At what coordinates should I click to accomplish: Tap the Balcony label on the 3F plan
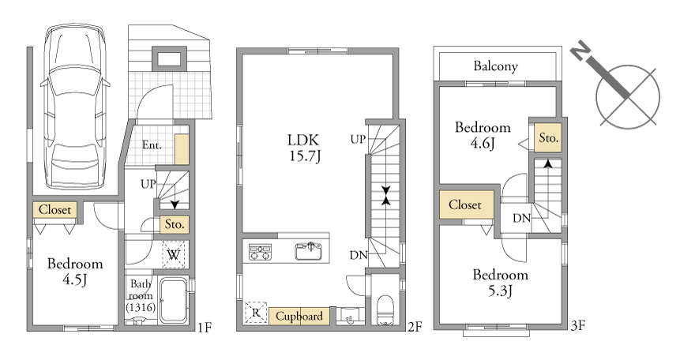pos(495,66)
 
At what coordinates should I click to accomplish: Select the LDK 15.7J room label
pos(304,148)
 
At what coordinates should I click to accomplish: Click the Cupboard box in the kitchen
pos(299,317)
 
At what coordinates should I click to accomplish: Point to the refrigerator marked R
pos(256,313)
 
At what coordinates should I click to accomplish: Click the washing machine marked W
pos(174,254)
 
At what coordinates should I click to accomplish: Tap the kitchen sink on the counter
pos(308,251)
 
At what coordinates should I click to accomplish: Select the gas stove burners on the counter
pos(260,252)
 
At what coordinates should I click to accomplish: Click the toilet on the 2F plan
pos(385,309)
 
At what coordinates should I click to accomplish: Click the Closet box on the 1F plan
pos(55,210)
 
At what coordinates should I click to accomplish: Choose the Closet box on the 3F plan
pos(466,204)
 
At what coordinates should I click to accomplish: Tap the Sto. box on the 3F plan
pos(548,138)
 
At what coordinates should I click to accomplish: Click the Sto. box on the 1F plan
pos(175,224)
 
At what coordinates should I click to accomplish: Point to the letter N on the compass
pos(580,52)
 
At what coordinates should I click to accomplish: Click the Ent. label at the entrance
pos(152,145)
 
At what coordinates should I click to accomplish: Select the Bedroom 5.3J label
pos(501,283)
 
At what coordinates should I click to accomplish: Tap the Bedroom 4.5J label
pos(75,272)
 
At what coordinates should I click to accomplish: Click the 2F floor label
pos(415,327)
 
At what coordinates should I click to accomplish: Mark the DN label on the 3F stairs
pos(521,218)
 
